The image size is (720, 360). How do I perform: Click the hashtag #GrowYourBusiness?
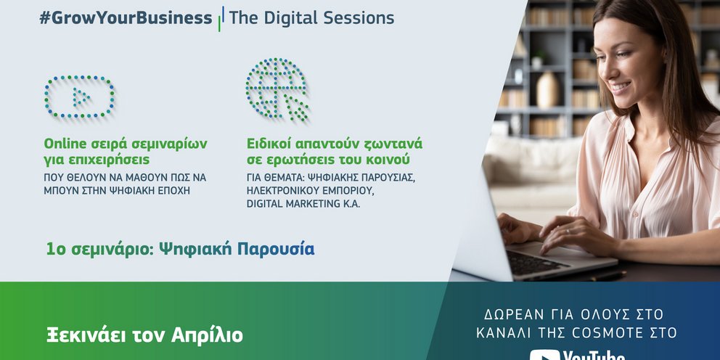click(x=126, y=18)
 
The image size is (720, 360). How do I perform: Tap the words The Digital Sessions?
click(x=311, y=17)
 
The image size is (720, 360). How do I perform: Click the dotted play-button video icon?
click(x=79, y=97)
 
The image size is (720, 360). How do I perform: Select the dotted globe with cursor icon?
click(x=277, y=89)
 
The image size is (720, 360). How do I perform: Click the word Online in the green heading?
click(x=65, y=144)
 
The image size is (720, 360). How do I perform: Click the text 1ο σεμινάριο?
click(x=100, y=250)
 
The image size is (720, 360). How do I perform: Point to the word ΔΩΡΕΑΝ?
click(x=511, y=314)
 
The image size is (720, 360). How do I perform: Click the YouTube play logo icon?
click(x=544, y=356)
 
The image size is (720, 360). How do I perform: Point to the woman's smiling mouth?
click(x=621, y=86)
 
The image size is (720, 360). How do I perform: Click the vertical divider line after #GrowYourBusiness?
click(x=221, y=19)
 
